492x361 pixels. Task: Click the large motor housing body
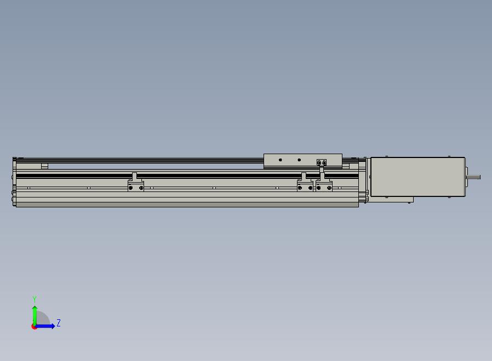[x=417, y=177]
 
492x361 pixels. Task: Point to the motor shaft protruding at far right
[x=474, y=177]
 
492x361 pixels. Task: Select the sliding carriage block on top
[x=303, y=161]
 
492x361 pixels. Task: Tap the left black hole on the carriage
[x=280, y=160]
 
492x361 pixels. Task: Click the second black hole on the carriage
[x=299, y=160]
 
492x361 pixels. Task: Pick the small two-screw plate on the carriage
[x=322, y=162]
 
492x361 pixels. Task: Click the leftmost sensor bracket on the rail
[x=136, y=182]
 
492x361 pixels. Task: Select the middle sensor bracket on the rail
[x=305, y=182]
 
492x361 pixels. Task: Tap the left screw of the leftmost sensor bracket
[x=131, y=188]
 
